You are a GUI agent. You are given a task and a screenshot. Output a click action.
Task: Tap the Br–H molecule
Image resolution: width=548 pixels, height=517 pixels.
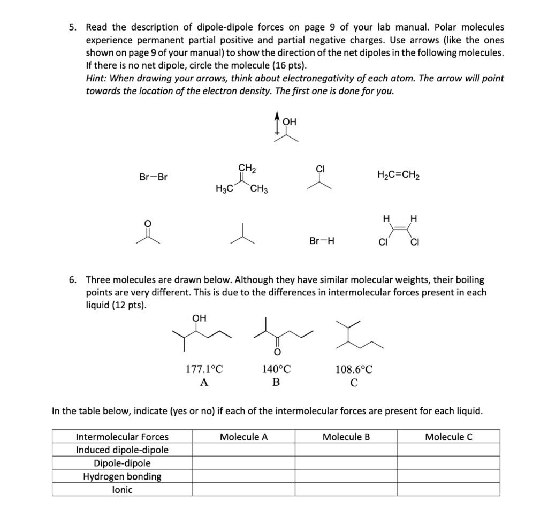point(322,241)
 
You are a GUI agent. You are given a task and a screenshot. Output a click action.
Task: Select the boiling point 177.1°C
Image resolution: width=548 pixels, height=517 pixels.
point(204,369)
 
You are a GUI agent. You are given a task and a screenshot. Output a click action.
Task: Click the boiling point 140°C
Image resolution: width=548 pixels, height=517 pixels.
point(276,369)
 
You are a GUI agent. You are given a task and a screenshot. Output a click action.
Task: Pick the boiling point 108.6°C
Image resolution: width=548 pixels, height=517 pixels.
point(354,369)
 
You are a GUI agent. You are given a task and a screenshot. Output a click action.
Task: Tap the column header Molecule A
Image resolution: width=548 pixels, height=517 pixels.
point(243,437)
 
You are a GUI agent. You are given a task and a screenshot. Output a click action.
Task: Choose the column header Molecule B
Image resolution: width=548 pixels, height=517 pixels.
point(346,437)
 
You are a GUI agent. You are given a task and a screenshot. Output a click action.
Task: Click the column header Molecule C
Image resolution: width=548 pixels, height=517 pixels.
point(448,437)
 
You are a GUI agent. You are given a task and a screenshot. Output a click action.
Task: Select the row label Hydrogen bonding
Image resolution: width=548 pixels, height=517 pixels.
point(122,476)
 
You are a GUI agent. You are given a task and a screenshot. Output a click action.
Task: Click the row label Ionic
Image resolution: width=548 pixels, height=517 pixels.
point(122,489)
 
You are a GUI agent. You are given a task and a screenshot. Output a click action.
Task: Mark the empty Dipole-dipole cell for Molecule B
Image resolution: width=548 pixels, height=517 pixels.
point(346,463)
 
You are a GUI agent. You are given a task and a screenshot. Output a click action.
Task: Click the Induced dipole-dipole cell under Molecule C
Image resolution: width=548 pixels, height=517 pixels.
point(448,450)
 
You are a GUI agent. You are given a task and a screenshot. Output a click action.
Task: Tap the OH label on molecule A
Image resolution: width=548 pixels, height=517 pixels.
point(199,318)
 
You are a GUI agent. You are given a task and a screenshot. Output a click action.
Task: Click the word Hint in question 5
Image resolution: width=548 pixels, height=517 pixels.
point(96,78)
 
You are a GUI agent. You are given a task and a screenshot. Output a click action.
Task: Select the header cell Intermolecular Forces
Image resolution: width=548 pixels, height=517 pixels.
point(122,437)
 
